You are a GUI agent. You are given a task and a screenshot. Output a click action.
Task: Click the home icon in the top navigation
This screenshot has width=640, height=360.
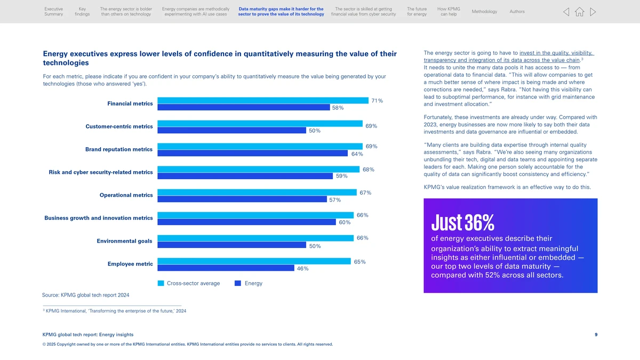[579, 12]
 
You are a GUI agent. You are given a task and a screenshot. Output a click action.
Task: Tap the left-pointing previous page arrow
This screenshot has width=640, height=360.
[566, 12]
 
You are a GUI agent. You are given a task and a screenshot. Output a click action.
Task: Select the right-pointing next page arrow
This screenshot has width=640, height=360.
[593, 12]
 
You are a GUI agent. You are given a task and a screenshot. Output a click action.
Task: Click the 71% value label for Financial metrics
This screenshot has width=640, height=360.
[377, 101]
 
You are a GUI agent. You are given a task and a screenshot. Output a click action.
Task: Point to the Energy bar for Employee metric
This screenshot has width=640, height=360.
[226, 268]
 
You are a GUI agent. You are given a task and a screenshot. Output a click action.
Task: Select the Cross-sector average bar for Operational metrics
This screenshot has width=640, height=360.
[257, 193]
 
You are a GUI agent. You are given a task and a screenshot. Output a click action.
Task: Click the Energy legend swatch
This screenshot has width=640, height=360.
[238, 283]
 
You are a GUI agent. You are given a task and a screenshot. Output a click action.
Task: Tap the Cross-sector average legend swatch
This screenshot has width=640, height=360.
[161, 283]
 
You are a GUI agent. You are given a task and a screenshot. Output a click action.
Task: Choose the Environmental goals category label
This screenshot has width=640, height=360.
[124, 241]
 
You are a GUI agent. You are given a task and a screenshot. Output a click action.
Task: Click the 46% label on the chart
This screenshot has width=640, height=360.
[302, 269]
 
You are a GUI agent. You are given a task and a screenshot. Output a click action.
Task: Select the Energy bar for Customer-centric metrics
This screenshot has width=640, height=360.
[231, 130]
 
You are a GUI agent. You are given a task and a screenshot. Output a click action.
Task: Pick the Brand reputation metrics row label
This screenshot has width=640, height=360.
[119, 149]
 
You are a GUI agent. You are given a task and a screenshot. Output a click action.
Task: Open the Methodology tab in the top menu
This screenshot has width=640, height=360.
[484, 12]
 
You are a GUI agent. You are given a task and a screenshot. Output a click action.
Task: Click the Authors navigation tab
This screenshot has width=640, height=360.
[517, 12]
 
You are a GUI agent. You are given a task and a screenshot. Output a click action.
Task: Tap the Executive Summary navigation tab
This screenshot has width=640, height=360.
[53, 12]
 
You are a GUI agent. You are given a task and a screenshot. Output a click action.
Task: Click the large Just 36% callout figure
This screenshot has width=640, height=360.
[462, 221]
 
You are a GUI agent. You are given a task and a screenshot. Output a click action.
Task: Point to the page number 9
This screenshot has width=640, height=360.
[596, 334]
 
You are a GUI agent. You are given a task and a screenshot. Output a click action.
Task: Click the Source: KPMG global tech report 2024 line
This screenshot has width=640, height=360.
[85, 295]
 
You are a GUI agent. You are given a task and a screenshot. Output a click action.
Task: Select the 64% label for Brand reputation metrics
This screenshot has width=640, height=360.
[357, 154]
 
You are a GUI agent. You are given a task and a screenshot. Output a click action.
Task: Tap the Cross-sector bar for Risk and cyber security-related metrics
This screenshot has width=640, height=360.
[258, 169]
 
